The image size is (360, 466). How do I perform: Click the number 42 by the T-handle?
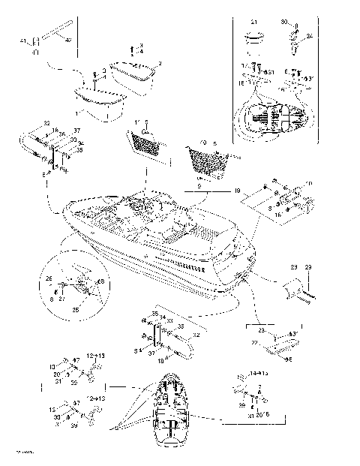click(x=69, y=39)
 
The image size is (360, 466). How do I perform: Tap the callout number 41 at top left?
click(x=22, y=39)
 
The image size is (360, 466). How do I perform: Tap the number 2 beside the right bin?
click(x=159, y=63)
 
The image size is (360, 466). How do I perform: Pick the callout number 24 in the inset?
click(x=310, y=35)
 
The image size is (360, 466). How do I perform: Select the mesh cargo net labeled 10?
click(x=205, y=161)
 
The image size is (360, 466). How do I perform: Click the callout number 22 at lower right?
click(x=253, y=343)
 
